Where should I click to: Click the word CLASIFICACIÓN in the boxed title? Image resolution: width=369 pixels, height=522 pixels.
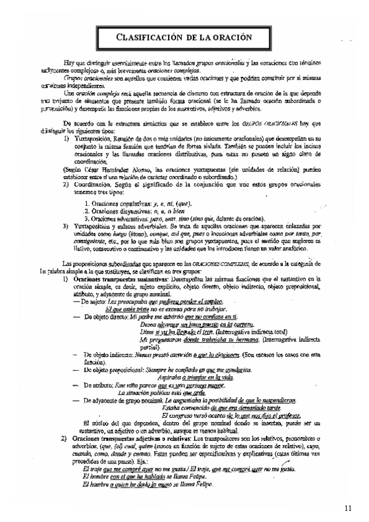tap(153, 38)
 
